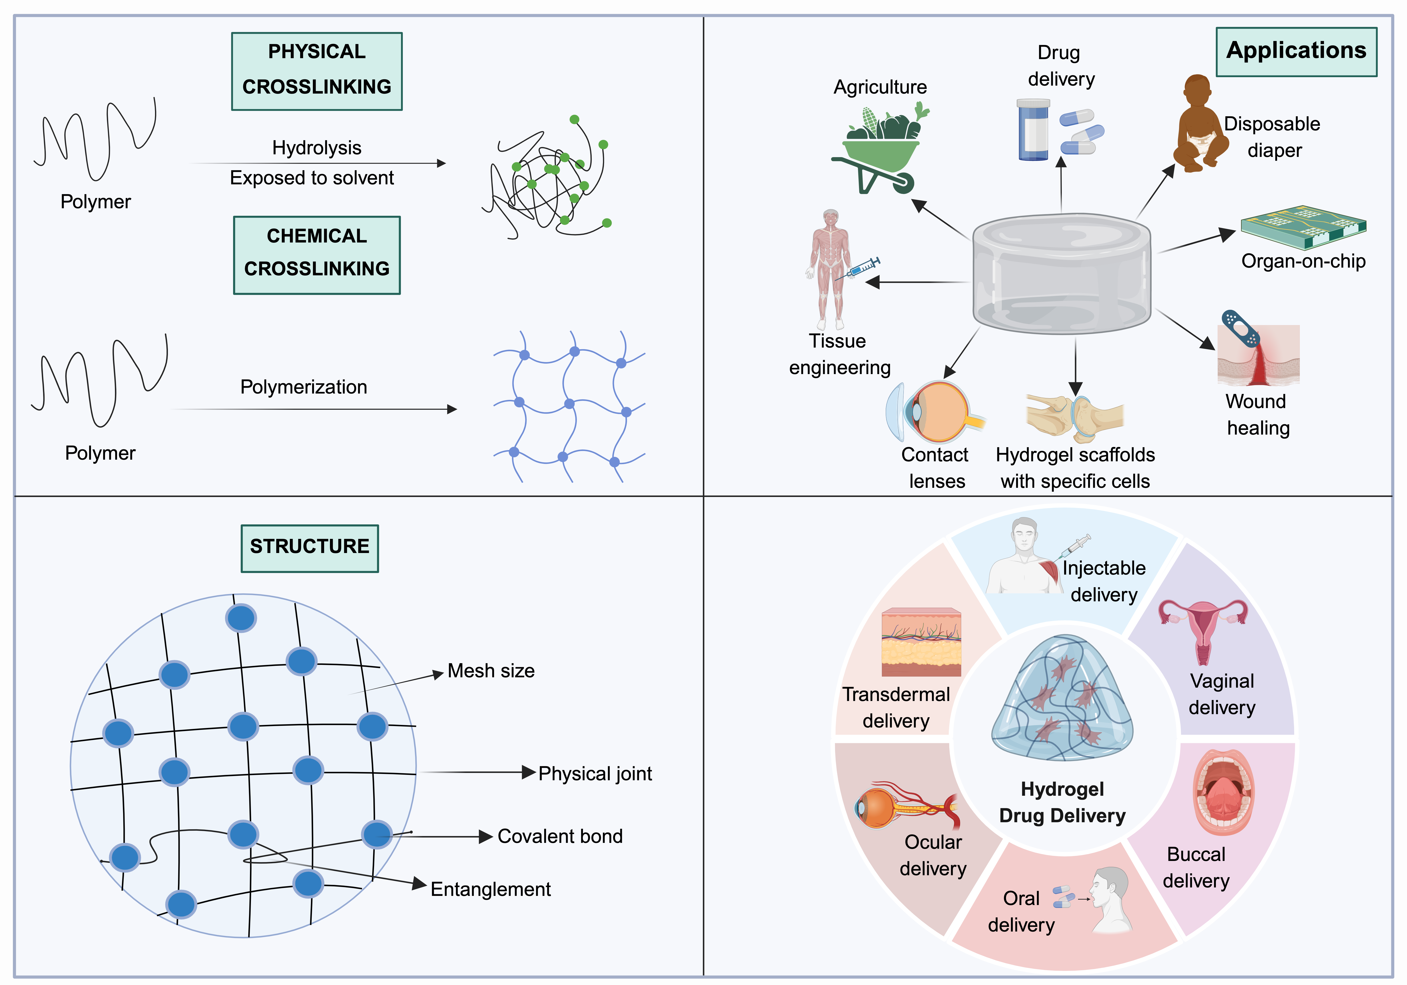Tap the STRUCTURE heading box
click(310, 548)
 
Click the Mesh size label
click(491, 671)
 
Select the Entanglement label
click(490, 889)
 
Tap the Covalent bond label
click(560, 836)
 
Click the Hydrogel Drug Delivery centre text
click(1062, 802)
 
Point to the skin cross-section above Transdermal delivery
click(921, 642)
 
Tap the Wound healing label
click(1257, 414)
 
